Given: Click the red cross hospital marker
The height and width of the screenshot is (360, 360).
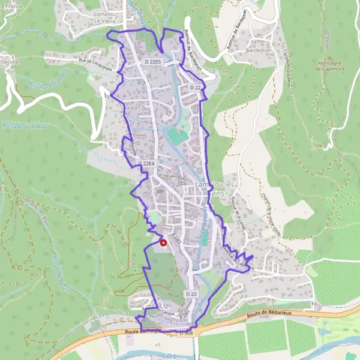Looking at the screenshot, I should pos(163,242).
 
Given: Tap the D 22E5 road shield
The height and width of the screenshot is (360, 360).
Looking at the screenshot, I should pos(154,62).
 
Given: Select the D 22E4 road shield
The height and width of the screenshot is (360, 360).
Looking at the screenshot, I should pos(146,163).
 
